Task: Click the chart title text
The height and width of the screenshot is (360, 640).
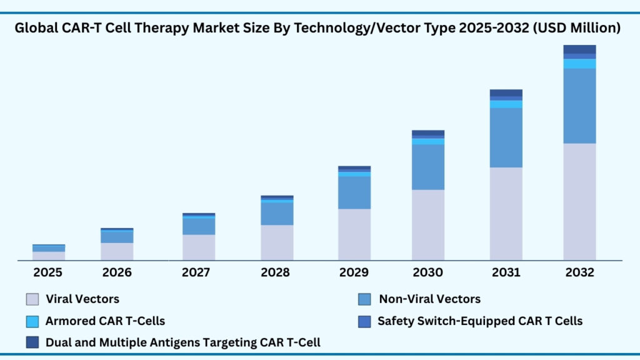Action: [318, 28]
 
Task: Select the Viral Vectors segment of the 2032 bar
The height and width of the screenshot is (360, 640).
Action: [579, 201]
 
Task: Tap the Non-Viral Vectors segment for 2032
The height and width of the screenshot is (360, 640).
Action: [579, 106]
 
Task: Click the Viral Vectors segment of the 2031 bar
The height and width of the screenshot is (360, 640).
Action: [506, 213]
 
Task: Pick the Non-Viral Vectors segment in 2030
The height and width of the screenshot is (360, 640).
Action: [428, 167]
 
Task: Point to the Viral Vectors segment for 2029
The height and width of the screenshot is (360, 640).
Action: [354, 234]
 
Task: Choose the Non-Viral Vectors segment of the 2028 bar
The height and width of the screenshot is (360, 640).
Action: [277, 214]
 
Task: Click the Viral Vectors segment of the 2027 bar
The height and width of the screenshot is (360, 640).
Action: [199, 247]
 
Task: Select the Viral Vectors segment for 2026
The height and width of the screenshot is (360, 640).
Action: [117, 251]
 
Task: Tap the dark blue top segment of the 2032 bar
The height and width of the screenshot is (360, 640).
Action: [579, 49]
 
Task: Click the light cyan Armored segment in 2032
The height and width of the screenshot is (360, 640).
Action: [579, 64]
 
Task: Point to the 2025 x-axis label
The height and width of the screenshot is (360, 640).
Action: [48, 272]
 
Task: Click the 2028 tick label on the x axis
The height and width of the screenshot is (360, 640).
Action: [276, 272]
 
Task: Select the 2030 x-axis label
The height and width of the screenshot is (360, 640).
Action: [428, 272]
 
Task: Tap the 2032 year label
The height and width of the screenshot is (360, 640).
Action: [579, 272]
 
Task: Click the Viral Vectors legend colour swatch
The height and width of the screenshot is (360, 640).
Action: [32, 299]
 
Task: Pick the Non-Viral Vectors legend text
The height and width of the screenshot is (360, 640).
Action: [429, 299]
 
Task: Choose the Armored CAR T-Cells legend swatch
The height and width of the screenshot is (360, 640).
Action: [32, 321]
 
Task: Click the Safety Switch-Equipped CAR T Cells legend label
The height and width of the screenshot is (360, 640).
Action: [479, 321]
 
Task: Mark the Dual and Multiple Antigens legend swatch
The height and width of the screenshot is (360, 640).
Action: [32, 342]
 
